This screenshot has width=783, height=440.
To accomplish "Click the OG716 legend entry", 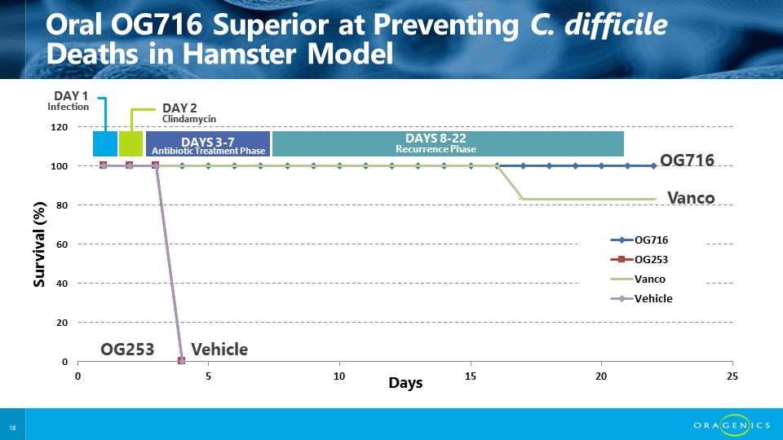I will pos(641,240).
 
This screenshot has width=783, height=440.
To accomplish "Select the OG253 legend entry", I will pos(641,260).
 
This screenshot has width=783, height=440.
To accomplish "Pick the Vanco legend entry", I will pos(641,279).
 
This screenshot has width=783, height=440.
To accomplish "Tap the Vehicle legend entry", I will pos(641,298).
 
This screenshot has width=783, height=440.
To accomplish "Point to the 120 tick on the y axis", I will pos(59,128).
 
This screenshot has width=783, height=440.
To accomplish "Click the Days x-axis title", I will pos(405,382).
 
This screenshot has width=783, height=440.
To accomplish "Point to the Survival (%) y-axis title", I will pos(40,244).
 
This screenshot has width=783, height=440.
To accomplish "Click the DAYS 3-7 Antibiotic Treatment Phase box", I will pos(207,143).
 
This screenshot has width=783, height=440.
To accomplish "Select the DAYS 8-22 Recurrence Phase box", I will pos(448,143).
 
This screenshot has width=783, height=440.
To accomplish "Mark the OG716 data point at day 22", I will pos(654,165).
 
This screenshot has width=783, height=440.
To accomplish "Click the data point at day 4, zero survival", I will pos(182,360).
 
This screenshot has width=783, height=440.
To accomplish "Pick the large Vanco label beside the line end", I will pos(691,197).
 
